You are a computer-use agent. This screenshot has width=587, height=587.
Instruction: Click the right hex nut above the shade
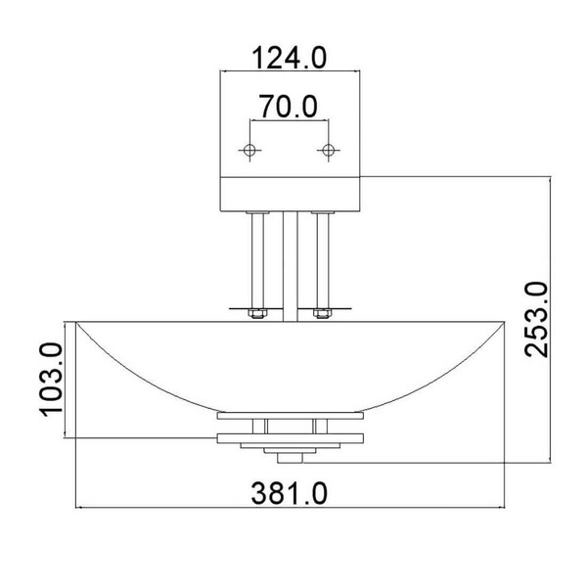[x=320, y=314]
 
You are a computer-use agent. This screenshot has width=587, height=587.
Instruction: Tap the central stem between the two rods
[x=289, y=264]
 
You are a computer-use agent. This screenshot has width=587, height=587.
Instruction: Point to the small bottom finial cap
[x=289, y=458]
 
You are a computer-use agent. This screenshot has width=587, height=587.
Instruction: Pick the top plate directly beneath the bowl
[x=289, y=417]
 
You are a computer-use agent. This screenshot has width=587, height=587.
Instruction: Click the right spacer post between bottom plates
[x=317, y=426]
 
